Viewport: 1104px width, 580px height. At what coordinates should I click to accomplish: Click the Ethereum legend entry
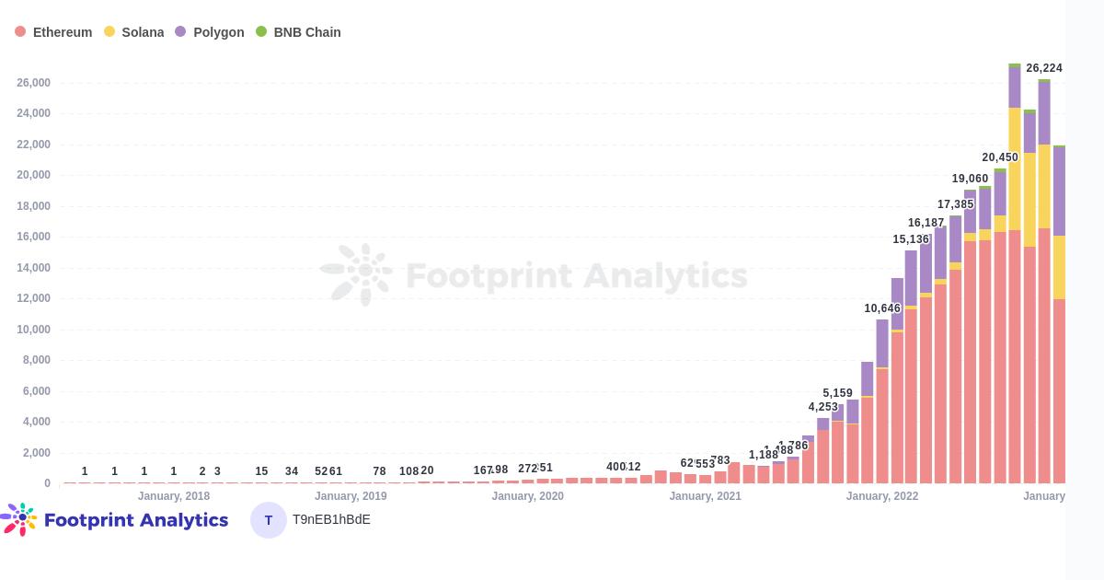(53, 32)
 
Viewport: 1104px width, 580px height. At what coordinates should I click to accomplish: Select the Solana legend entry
(134, 32)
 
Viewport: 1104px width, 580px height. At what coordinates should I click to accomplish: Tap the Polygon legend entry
(210, 32)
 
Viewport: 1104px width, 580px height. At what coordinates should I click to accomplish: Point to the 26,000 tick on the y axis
(33, 83)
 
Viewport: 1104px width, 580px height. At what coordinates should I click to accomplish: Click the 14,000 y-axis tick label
(33, 268)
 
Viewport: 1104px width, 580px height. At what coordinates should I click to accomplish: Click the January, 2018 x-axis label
(174, 496)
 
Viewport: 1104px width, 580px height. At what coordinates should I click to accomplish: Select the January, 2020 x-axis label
(527, 496)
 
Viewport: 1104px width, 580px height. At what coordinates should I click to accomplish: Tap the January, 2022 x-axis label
(882, 496)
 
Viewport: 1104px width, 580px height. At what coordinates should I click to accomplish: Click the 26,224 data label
(1044, 68)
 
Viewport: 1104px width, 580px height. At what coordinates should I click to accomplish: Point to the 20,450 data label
(1000, 157)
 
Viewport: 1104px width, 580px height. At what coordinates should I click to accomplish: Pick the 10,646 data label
(882, 308)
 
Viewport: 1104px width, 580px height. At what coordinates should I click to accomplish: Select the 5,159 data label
(837, 393)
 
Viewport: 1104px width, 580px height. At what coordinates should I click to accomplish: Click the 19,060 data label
(970, 179)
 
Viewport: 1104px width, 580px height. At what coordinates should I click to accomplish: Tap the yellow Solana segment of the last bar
(1059, 267)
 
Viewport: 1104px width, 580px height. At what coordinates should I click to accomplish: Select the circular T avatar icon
(269, 520)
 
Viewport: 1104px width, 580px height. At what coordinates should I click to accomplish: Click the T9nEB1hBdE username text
(331, 520)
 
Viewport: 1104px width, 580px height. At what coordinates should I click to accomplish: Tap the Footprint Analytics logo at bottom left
(115, 520)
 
